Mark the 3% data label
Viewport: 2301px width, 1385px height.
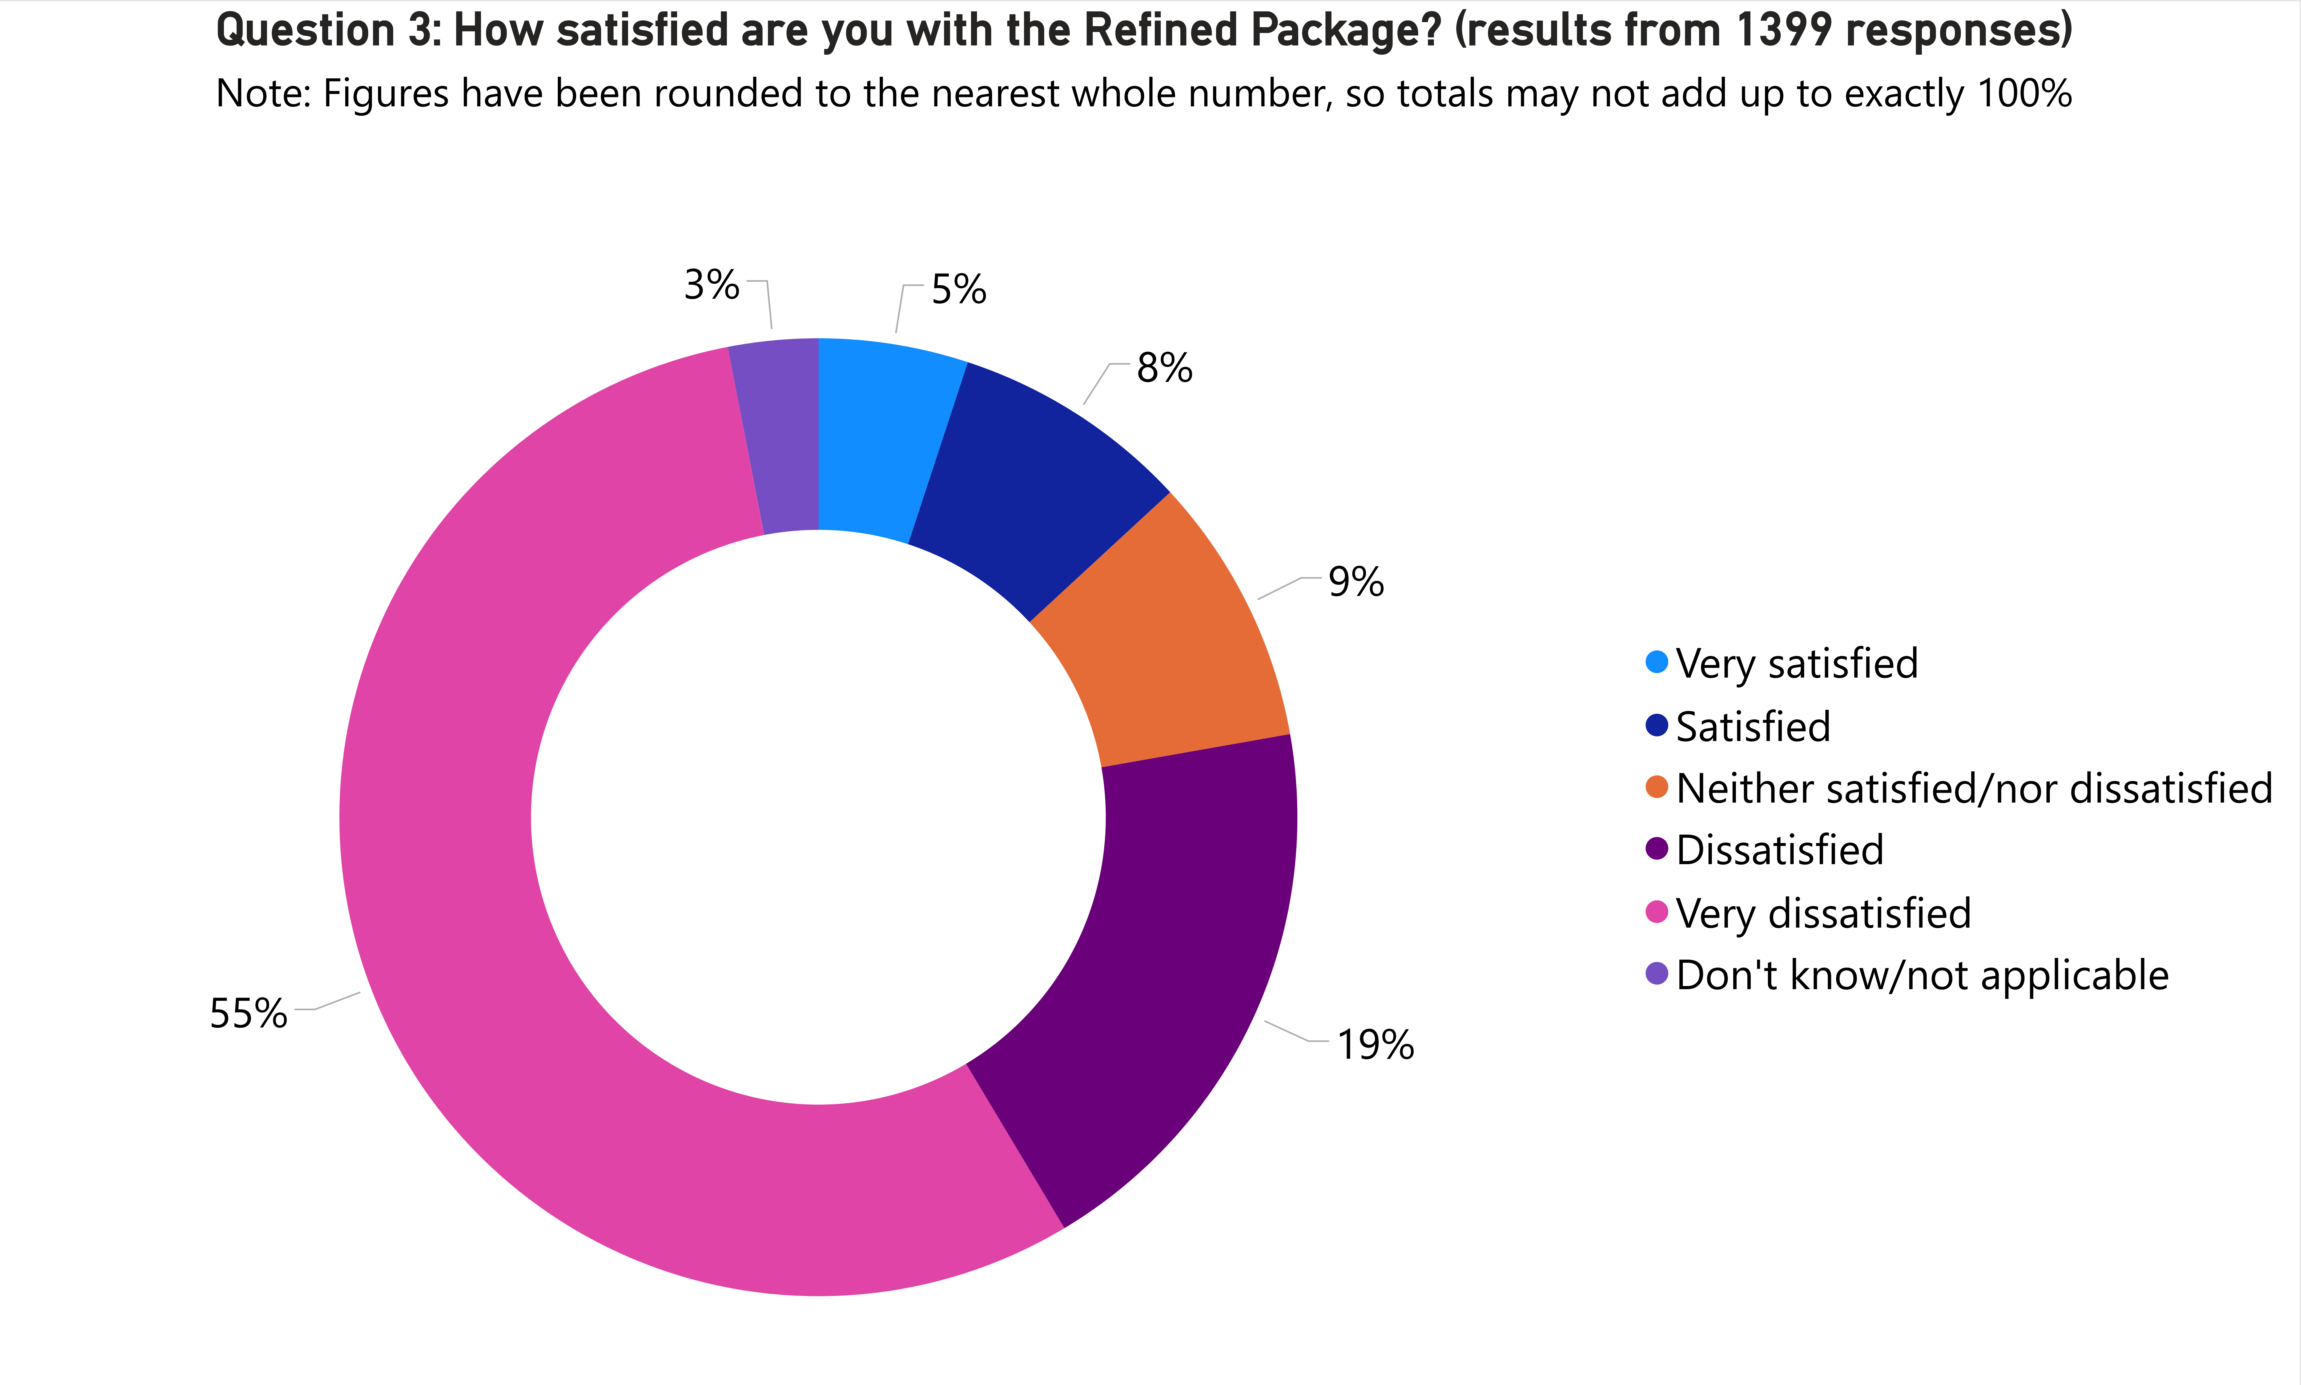711,285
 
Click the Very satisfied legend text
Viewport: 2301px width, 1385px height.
1796,663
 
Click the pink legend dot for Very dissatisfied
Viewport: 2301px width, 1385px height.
1656,912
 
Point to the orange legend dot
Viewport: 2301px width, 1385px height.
1656,787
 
